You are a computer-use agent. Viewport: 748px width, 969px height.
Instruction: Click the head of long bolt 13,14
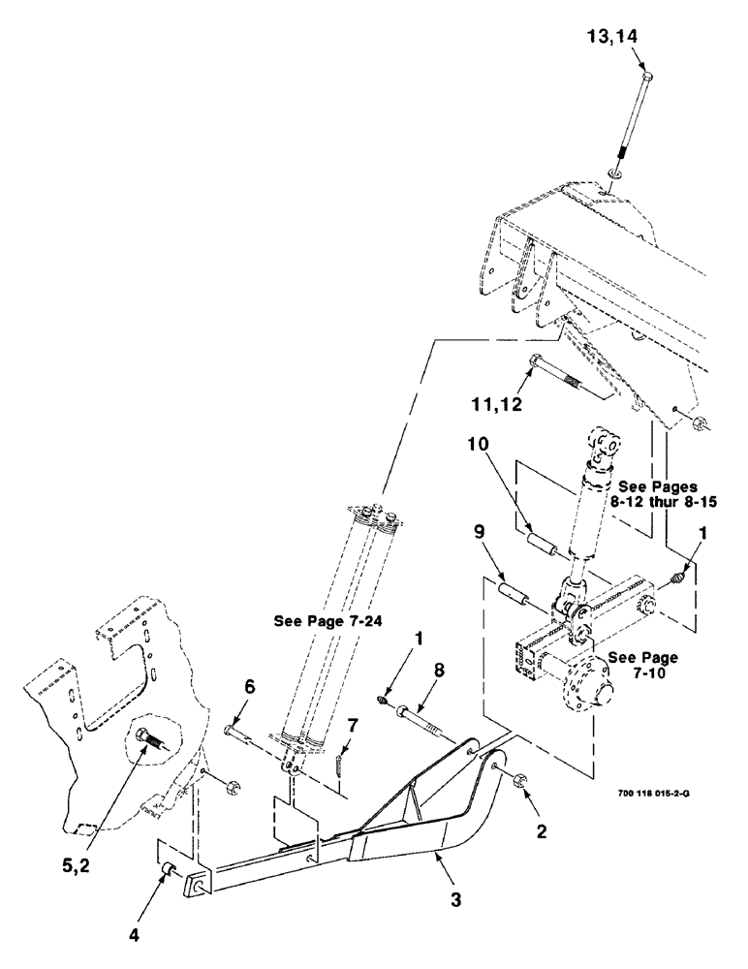(646, 75)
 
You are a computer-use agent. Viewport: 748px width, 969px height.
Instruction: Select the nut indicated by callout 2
(517, 776)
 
